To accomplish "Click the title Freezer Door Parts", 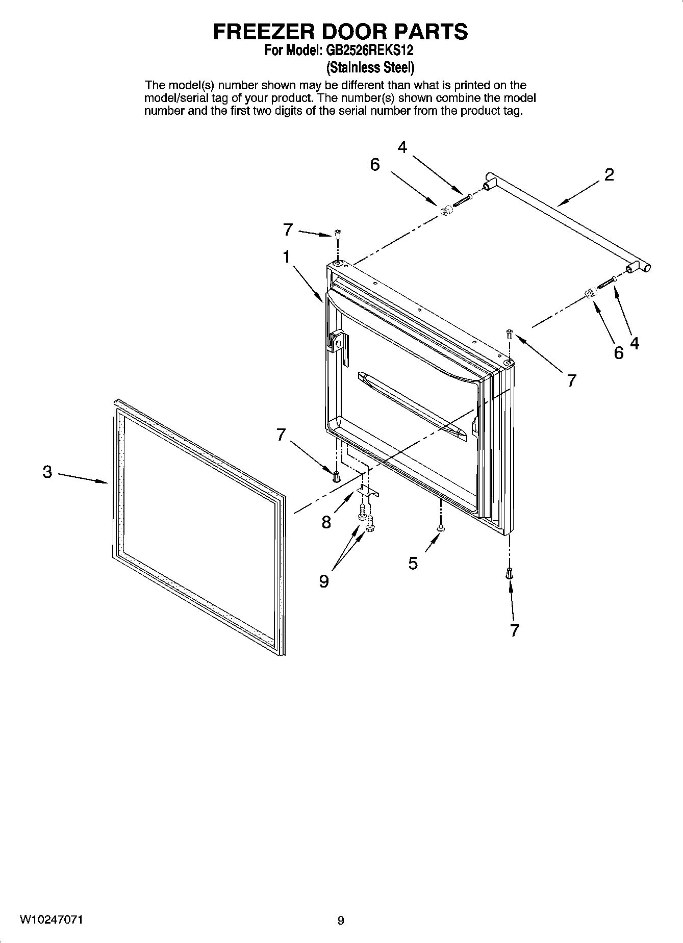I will coord(340,32).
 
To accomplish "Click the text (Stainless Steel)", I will coord(370,67).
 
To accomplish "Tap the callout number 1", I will coord(287,257).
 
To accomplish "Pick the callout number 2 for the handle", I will coord(609,175).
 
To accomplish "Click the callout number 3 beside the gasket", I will coord(47,472).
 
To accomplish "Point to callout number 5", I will coord(413,563).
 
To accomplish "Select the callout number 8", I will coord(326,522).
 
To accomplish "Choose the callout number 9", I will coord(324,581).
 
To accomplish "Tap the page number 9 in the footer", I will coord(341,921).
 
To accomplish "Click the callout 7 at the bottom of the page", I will coord(514,630).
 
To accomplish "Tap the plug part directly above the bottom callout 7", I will coord(509,574).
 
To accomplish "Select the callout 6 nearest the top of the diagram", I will coord(375,165).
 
